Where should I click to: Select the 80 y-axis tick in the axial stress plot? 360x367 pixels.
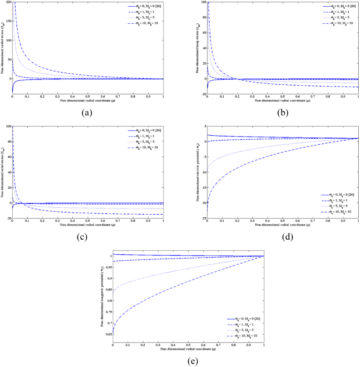pos(8,142)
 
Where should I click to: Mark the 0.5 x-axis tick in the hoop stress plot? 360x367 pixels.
pos(282,98)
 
